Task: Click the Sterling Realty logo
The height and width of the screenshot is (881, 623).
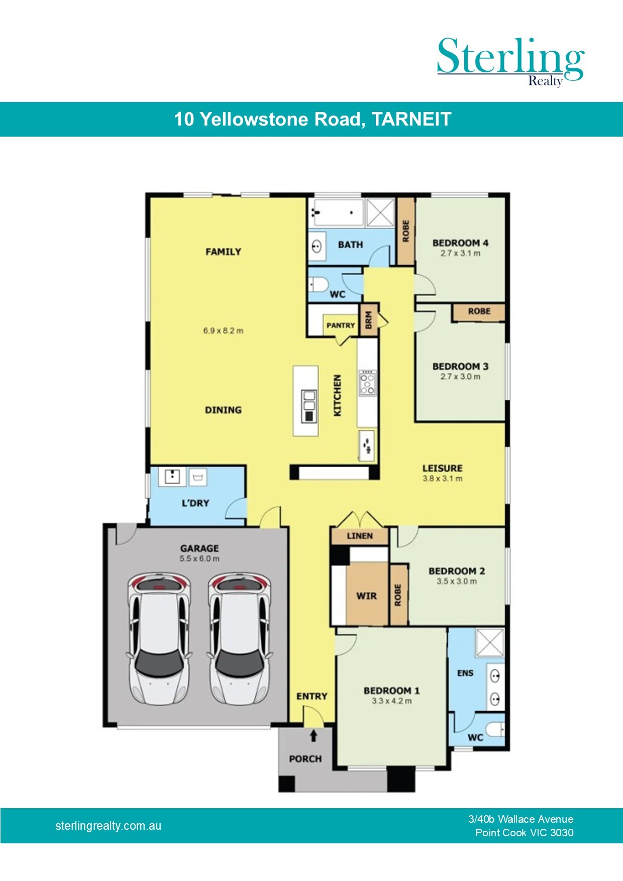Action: (x=510, y=61)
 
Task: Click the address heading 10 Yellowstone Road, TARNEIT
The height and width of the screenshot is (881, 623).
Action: (x=313, y=119)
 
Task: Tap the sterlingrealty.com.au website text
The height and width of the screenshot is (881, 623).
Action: (x=108, y=826)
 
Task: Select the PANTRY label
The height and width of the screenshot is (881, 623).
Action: (x=341, y=325)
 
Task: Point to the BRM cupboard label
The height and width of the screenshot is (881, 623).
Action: (x=369, y=320)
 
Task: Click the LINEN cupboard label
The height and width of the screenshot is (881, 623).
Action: (x=360, y=536)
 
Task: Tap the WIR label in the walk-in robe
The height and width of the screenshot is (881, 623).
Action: (x=366, y=596)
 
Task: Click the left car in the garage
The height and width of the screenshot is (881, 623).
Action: (x=159, y=639)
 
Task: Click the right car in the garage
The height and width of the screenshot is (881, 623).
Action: (x=240, y=639)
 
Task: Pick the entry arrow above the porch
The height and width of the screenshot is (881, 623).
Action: (x=314, y=735)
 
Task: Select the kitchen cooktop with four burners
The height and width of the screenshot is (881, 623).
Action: (x=367, y=383)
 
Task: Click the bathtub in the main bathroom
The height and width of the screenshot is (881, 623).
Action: (x=336, y=213)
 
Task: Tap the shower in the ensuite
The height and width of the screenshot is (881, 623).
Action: (x=490, y=643)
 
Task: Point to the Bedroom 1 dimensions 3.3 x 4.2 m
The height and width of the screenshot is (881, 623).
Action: (x=392, y=701)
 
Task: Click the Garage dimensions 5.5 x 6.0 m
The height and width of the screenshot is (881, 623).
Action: (x=199, y=559)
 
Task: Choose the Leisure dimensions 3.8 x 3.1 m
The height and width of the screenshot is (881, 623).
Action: (x=443, y=479)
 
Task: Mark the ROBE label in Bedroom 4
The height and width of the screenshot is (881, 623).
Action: (x=406, y=231)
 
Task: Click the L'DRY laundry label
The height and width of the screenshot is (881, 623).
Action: (x=195, y=503)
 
